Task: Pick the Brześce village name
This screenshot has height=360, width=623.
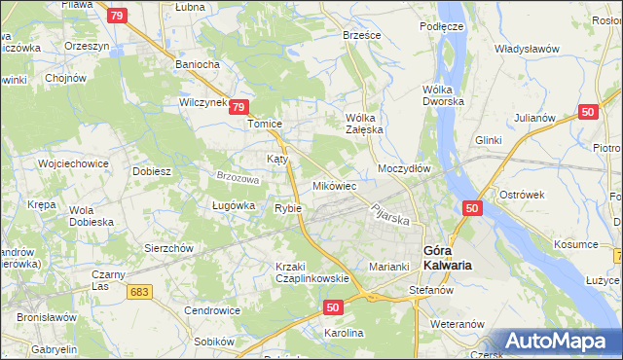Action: [x=362, y=34]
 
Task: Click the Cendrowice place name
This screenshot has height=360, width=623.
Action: [x=213, y=310]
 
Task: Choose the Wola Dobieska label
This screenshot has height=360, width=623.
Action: [x=92, y=216]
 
